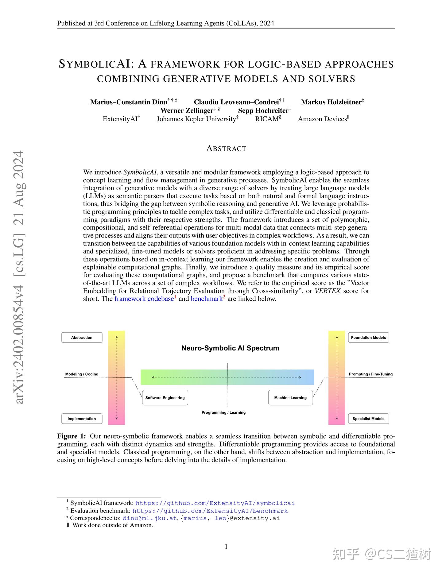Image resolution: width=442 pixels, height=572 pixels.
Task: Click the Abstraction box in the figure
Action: [x=82, y=338]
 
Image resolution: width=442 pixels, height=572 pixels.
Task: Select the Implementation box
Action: [x=82, y=419]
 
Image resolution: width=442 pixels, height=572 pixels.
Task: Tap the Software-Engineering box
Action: [x=165, y=398]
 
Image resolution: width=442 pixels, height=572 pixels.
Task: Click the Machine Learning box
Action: [x=290, y=398]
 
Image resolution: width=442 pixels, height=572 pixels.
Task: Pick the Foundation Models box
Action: [x=368, y=338]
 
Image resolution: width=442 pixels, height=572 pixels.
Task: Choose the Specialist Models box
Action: [x=368, y=419]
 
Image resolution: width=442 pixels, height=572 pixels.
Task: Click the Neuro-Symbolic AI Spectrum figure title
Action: [x=230, y=348]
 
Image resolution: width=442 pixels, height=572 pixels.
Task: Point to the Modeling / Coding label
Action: [x=82, y=374]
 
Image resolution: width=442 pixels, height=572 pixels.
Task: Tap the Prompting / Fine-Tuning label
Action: [x=370, y=374]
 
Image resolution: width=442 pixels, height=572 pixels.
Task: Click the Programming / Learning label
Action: [x=223, y=412]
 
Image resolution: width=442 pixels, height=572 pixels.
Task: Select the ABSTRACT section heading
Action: [x=226, y=149]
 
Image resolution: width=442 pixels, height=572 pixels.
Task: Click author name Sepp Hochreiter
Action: [x=263, y=110]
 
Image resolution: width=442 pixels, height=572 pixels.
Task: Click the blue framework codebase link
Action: [x=144, y=299]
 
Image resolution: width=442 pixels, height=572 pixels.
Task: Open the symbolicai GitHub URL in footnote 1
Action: [x=215, y=503]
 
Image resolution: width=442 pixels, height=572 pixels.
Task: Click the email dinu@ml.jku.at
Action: [x=149, y=518]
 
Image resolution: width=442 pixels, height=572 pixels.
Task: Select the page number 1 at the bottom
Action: [x=226, y=546]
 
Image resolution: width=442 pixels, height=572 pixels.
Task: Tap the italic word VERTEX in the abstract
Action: [x=328, y=291]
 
